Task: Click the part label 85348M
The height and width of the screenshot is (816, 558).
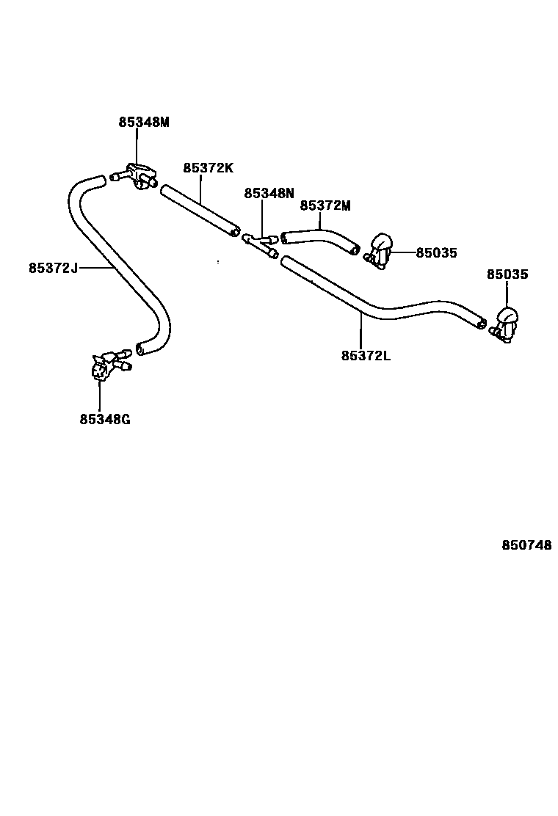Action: (x=144, y=123)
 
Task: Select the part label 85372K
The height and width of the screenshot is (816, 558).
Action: (x=208, y=168)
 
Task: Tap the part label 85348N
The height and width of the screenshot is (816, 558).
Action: (x=269, y=193)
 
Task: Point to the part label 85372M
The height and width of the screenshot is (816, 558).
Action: (x=325, y=206)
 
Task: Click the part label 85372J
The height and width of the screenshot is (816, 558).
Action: (x=53, y=268)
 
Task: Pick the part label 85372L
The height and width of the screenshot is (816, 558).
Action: (x=366, y=356)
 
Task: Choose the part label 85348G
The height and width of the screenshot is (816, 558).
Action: (x=105, y=420)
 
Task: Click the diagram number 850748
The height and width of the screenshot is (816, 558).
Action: (x=526, y=545)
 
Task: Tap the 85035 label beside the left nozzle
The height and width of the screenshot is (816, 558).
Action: (x=436, y=253)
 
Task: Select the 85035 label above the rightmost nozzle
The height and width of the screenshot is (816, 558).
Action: (x=507, y=274)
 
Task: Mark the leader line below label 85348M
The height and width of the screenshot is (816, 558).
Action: (x=137, y=146)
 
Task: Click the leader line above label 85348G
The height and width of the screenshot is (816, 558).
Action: (x=99, y=396)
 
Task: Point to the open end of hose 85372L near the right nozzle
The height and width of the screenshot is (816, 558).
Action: (x=481, y=323)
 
